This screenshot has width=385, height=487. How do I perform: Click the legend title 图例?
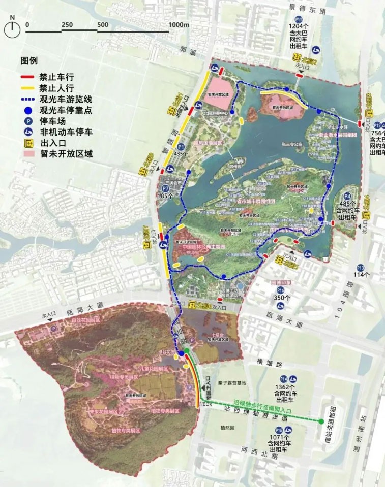28,61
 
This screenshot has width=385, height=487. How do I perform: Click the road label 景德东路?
307,10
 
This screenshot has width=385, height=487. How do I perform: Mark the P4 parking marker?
347,196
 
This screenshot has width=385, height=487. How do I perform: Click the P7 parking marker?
165,188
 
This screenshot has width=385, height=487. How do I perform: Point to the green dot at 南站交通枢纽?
321,421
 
